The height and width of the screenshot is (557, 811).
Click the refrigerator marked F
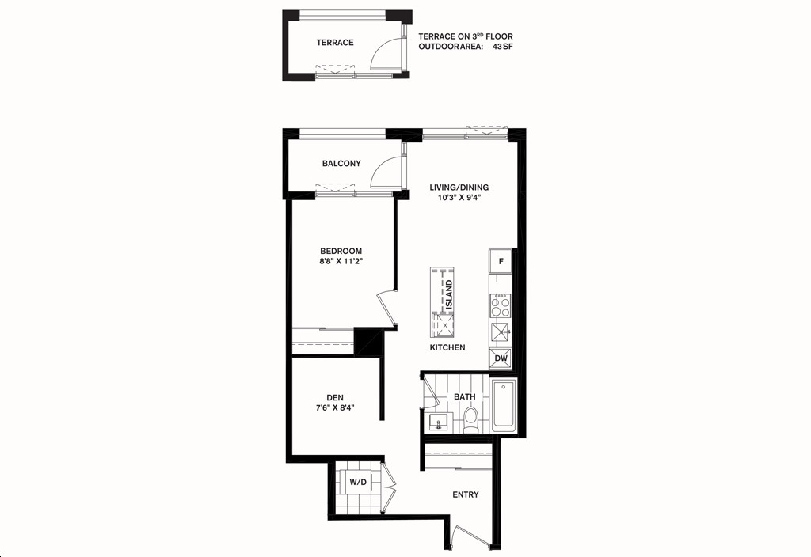(501, 261)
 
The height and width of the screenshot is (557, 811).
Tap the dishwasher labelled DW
(501, 358)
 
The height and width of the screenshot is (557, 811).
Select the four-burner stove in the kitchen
(501, 305)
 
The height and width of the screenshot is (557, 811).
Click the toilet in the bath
(470, 420)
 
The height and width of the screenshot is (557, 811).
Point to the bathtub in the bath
(503, 406)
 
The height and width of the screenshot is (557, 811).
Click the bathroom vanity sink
(439, 422)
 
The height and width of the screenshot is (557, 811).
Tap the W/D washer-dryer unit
(357, 482)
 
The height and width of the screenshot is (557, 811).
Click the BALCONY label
(341, 163)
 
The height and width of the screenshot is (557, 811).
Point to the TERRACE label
(335, 43)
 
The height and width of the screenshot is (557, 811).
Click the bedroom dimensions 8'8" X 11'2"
(341, 261)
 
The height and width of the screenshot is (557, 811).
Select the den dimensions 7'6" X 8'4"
(335, 407)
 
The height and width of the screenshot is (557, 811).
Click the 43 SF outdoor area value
(503, 47)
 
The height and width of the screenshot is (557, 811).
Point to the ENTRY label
(466, 494)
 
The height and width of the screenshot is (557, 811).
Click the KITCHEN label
(447, 348)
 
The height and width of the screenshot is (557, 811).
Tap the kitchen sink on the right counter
(500, 333)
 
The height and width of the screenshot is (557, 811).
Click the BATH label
(464, 397)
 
